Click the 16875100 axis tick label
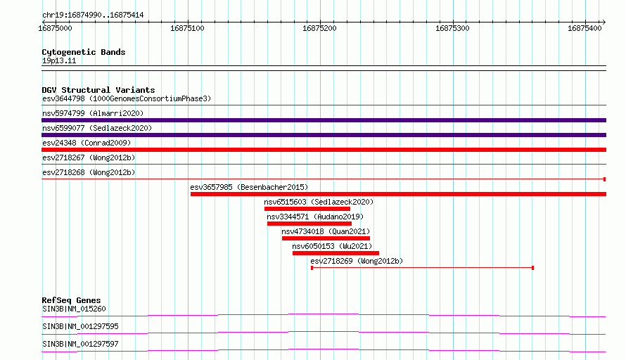(187, 28)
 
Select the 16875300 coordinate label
(452, 28)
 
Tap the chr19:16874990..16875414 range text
(93, 15)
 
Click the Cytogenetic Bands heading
(84, 52)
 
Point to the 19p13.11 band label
(59, 60)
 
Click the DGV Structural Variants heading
(98, 90)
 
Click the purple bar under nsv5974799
(324, 120)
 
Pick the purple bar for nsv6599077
(324, 135)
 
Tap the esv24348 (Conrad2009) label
(87, 143)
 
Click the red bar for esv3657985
(398, 194)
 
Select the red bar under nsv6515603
(307, 209)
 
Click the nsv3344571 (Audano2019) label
(315, 217)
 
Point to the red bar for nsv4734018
(326, 238)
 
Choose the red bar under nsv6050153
(336, 253)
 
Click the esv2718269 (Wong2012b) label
(357, 261)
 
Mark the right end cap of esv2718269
(533, 268)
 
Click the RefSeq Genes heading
(72, 300)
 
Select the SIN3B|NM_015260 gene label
(75, 309)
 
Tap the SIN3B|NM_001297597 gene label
(81, 344)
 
